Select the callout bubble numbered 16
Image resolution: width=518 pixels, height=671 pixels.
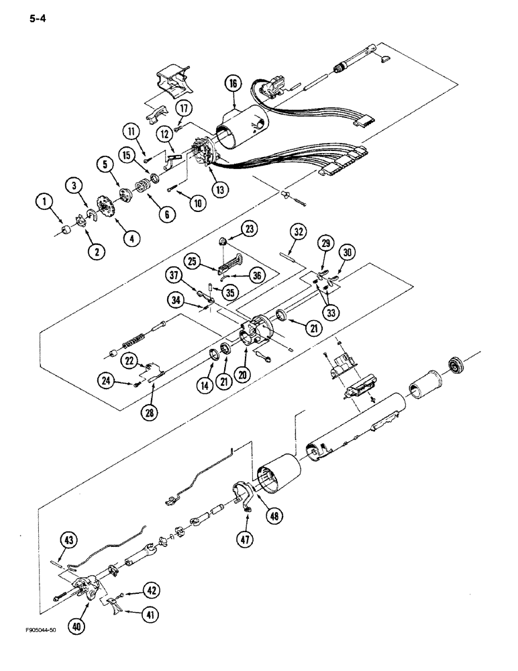coord(232,84)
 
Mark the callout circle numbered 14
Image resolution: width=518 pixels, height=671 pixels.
coord(203,385)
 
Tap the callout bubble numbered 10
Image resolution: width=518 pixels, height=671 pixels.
coord(196,201)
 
